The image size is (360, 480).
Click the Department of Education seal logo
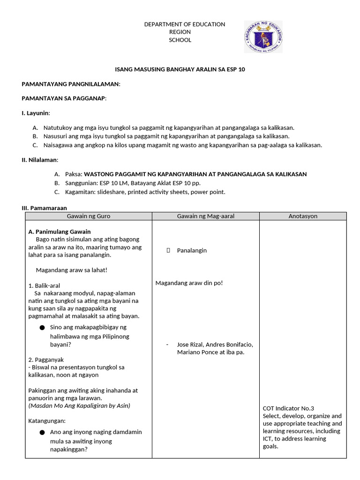[263, 37]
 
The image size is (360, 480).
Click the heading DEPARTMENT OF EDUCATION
[184, 24]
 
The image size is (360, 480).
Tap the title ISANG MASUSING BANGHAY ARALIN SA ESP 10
[180, 69]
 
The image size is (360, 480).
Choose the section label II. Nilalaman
[40, 160]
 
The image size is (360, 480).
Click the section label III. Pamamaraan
[45, 207]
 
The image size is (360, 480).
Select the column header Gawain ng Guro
[89, 216]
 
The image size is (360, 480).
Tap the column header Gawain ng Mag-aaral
[205, 216]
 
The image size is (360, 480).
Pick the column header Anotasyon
[303, 216]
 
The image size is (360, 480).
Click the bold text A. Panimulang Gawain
[60, 232]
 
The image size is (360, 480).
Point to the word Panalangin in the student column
[192, 250]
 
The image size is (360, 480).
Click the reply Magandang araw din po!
[189, 283]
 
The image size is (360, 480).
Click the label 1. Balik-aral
[44, 285]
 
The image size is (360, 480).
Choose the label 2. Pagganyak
[46, 360]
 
